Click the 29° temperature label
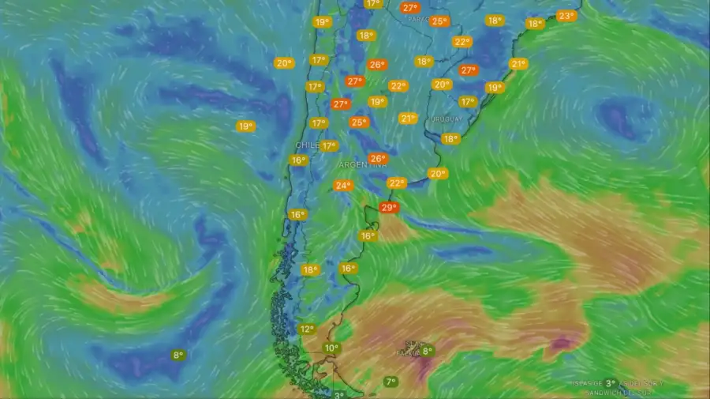[387, 208]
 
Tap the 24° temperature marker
[342, 186]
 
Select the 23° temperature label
[566, 16]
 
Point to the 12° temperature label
[307, 329]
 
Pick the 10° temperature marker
[331, 348]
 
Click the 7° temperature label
[390, 382]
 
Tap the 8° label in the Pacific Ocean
[178, 355]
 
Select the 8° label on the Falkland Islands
[427, 351]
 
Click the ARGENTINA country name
[363, 165]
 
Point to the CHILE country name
[306, 145]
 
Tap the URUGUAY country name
[446, 119]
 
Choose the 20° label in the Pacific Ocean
[284, 62]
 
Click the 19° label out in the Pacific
[245, 126]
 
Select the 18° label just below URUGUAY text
[450, 138]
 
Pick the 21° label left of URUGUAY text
[407, 119]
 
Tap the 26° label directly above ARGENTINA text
[378, 158]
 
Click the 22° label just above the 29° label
[396, 183]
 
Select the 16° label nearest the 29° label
[368, 235]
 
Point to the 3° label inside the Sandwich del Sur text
[611, 383]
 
